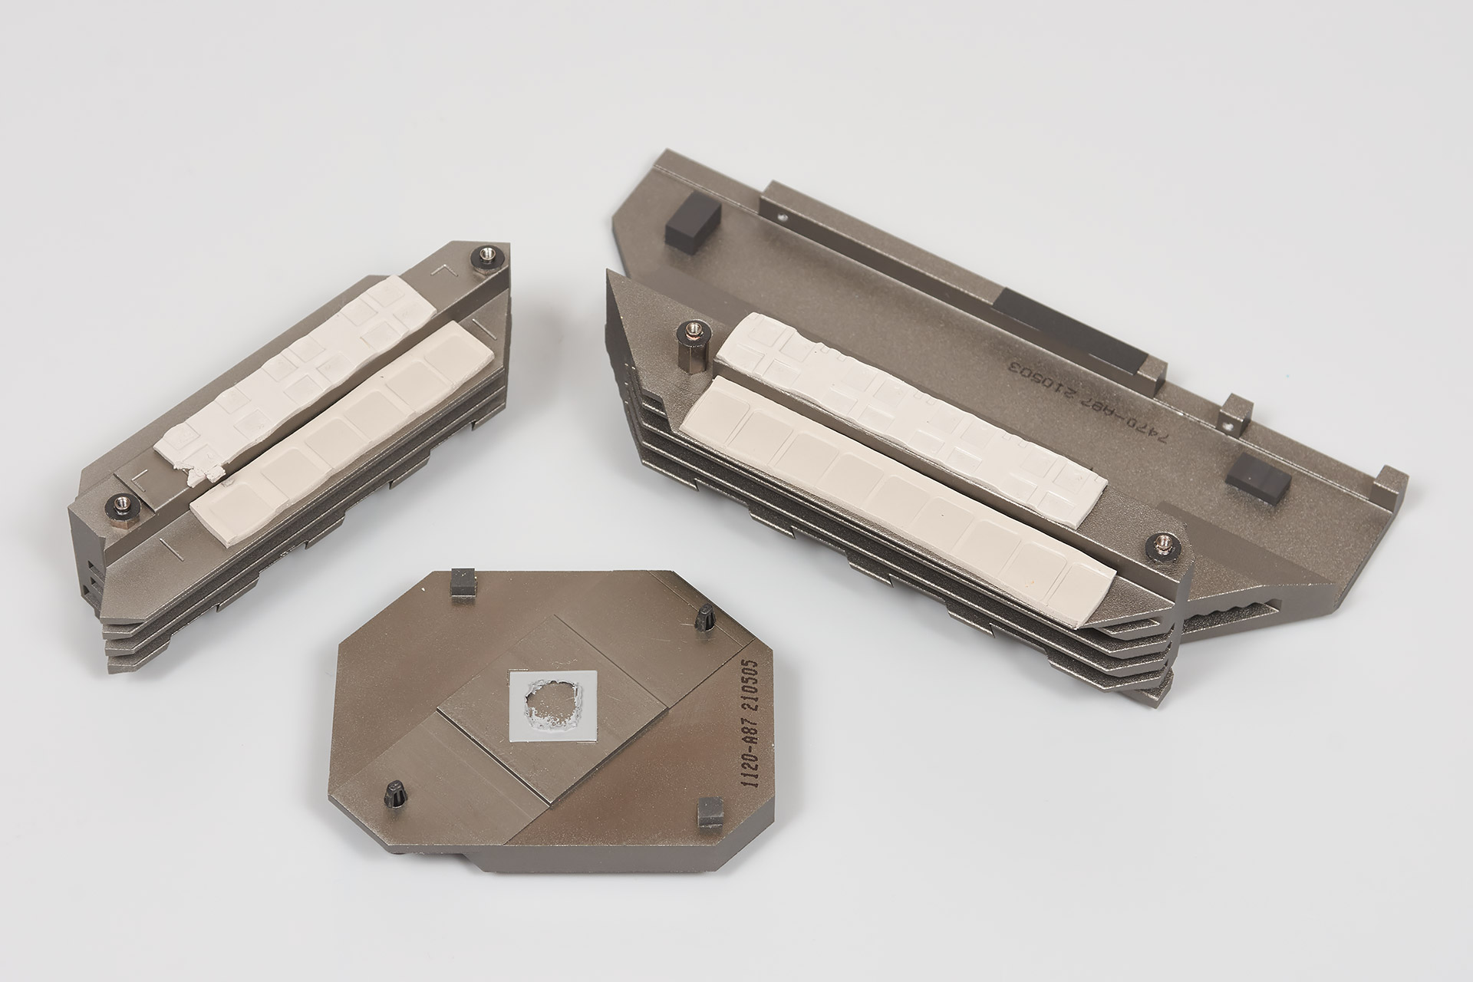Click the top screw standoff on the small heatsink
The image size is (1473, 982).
487,253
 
